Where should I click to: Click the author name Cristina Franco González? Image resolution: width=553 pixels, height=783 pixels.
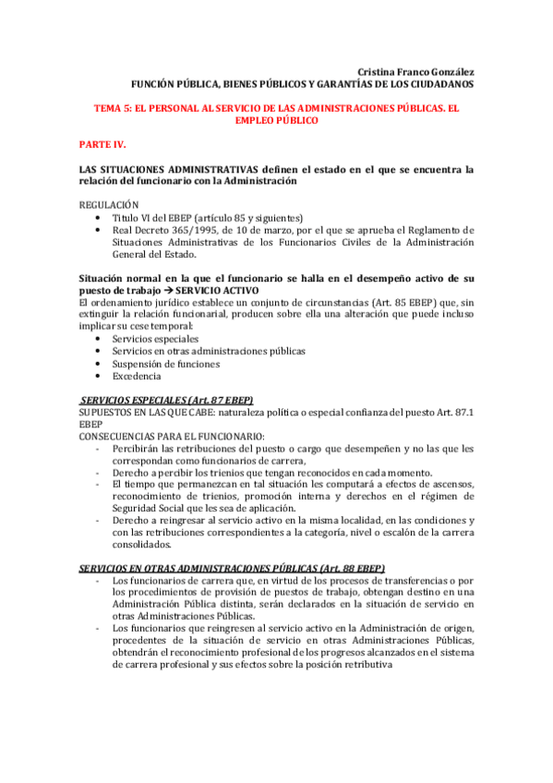tap(415, 71)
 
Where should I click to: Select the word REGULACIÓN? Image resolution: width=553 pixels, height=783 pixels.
tap(109, 204)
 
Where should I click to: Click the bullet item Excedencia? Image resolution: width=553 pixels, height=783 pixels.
tap(137, 376)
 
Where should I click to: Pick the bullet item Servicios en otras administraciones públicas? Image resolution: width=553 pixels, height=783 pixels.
tap(208, 351)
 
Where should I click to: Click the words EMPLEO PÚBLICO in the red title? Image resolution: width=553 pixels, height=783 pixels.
tap(277, 120)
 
